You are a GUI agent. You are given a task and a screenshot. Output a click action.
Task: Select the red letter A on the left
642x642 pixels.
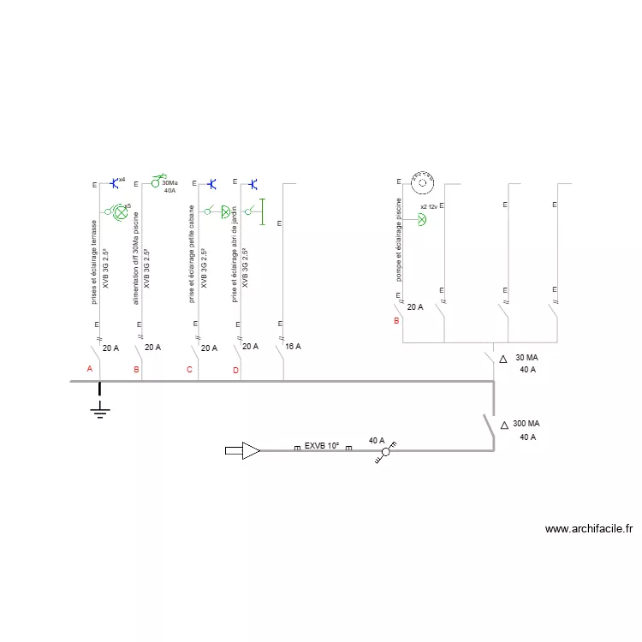coord(89,369)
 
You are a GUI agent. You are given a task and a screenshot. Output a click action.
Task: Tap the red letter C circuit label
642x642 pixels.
coord(189,370)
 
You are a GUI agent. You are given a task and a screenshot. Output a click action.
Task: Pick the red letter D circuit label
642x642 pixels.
coord(235,370)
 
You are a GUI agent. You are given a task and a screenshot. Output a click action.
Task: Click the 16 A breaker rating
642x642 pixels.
coord(293,347)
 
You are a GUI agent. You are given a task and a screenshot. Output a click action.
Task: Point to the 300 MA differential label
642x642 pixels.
coord(526,424)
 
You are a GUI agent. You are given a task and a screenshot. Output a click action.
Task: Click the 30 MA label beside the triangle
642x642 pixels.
coord(526,358)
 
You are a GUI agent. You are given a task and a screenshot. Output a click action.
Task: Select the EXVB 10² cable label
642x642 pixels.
coord(321,446)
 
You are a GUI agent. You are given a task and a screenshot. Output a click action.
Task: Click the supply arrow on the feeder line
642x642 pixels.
coord(243,450)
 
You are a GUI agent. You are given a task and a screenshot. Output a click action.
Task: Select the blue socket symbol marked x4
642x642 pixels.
coord(114,183)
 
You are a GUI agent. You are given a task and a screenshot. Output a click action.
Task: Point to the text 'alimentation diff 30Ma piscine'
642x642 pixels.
coord(135,257)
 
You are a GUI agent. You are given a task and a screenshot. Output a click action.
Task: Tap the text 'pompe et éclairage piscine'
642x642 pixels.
coord(399,240)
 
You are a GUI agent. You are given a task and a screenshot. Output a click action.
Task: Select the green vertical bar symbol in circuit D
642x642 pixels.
coord(263,211)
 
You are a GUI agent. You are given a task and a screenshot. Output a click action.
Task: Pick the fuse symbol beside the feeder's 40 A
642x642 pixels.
coord(386,451)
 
